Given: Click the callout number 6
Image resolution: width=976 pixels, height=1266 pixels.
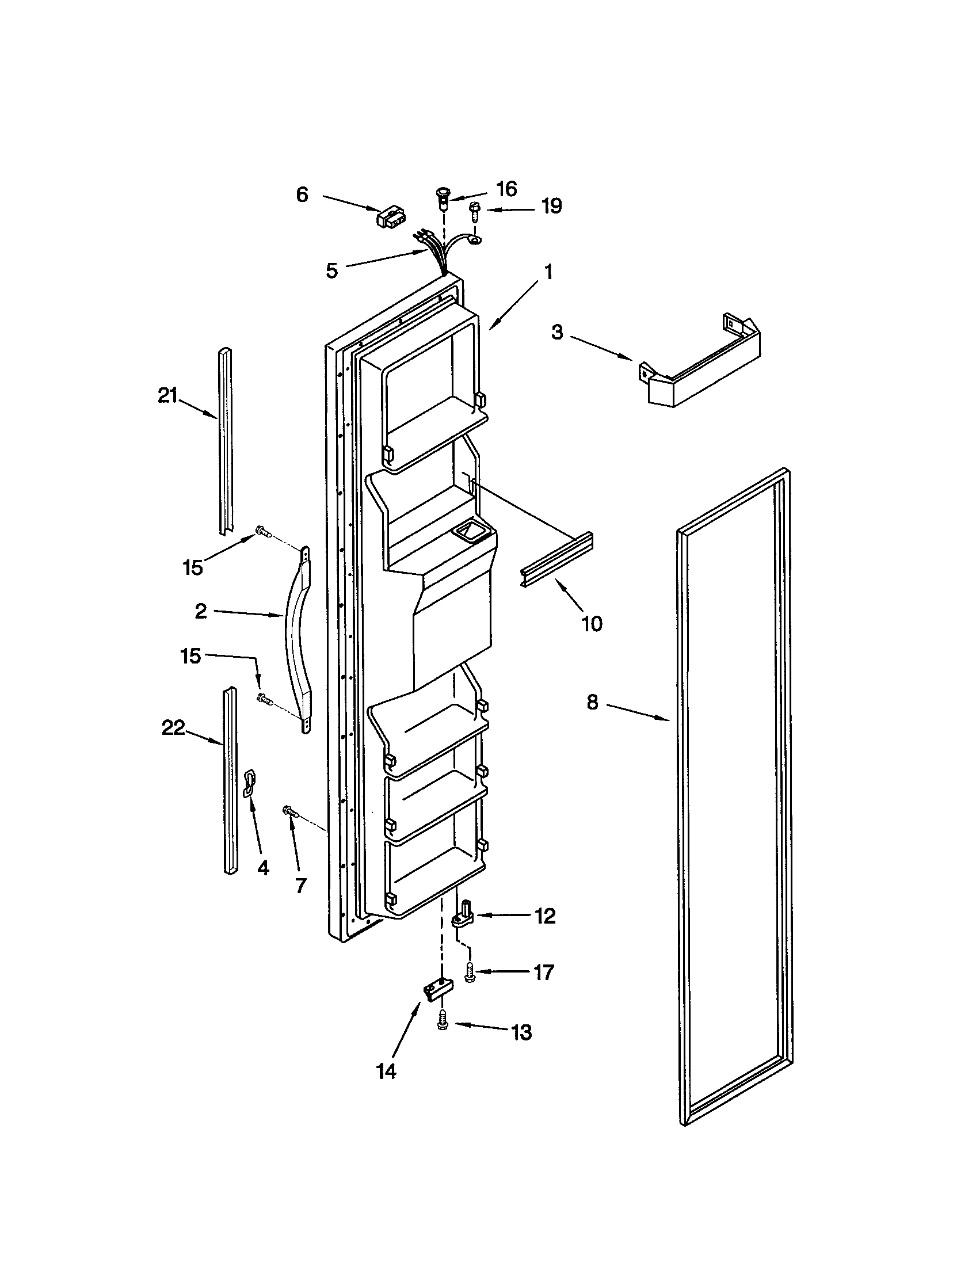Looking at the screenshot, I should pyautogui.click(x=302, y=195).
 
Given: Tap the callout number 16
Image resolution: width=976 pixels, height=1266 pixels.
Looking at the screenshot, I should pyautogui.click(x=506, y=189).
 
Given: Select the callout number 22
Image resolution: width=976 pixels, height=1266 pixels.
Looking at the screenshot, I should pyautogui.click(x=173, y=728).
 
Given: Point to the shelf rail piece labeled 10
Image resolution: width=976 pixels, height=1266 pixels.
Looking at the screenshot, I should pyautogui.click(x=556, y=559).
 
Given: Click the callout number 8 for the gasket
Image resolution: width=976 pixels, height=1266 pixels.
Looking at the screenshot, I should pyautogui.click(x=592, y=703).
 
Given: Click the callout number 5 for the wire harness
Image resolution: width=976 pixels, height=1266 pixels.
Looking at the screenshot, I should pyautogui.click(x=331, y=270).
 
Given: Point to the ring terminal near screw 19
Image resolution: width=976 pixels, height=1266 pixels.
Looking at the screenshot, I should pyautogui.click(x=476, y=238).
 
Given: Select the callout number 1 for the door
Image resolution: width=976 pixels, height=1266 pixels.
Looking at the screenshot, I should pyautogui.click(x=548, y=272).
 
